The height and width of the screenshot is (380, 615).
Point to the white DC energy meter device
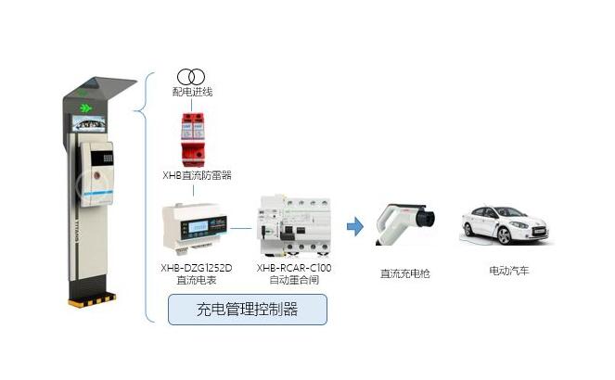coord(193,227)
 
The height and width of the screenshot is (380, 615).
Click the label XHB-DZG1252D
coord(196,268)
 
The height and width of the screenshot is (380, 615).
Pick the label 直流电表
coord(196,279)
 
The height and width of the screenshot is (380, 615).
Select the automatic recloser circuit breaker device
coord(294,225)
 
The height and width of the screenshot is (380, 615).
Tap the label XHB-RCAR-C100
coord(294,268)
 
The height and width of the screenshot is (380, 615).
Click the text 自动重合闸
coord(294,279)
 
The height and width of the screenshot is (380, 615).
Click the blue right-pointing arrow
coord(354,226)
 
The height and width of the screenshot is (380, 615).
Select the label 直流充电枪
coord(405,273)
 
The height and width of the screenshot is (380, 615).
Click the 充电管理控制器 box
coord(247,310)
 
